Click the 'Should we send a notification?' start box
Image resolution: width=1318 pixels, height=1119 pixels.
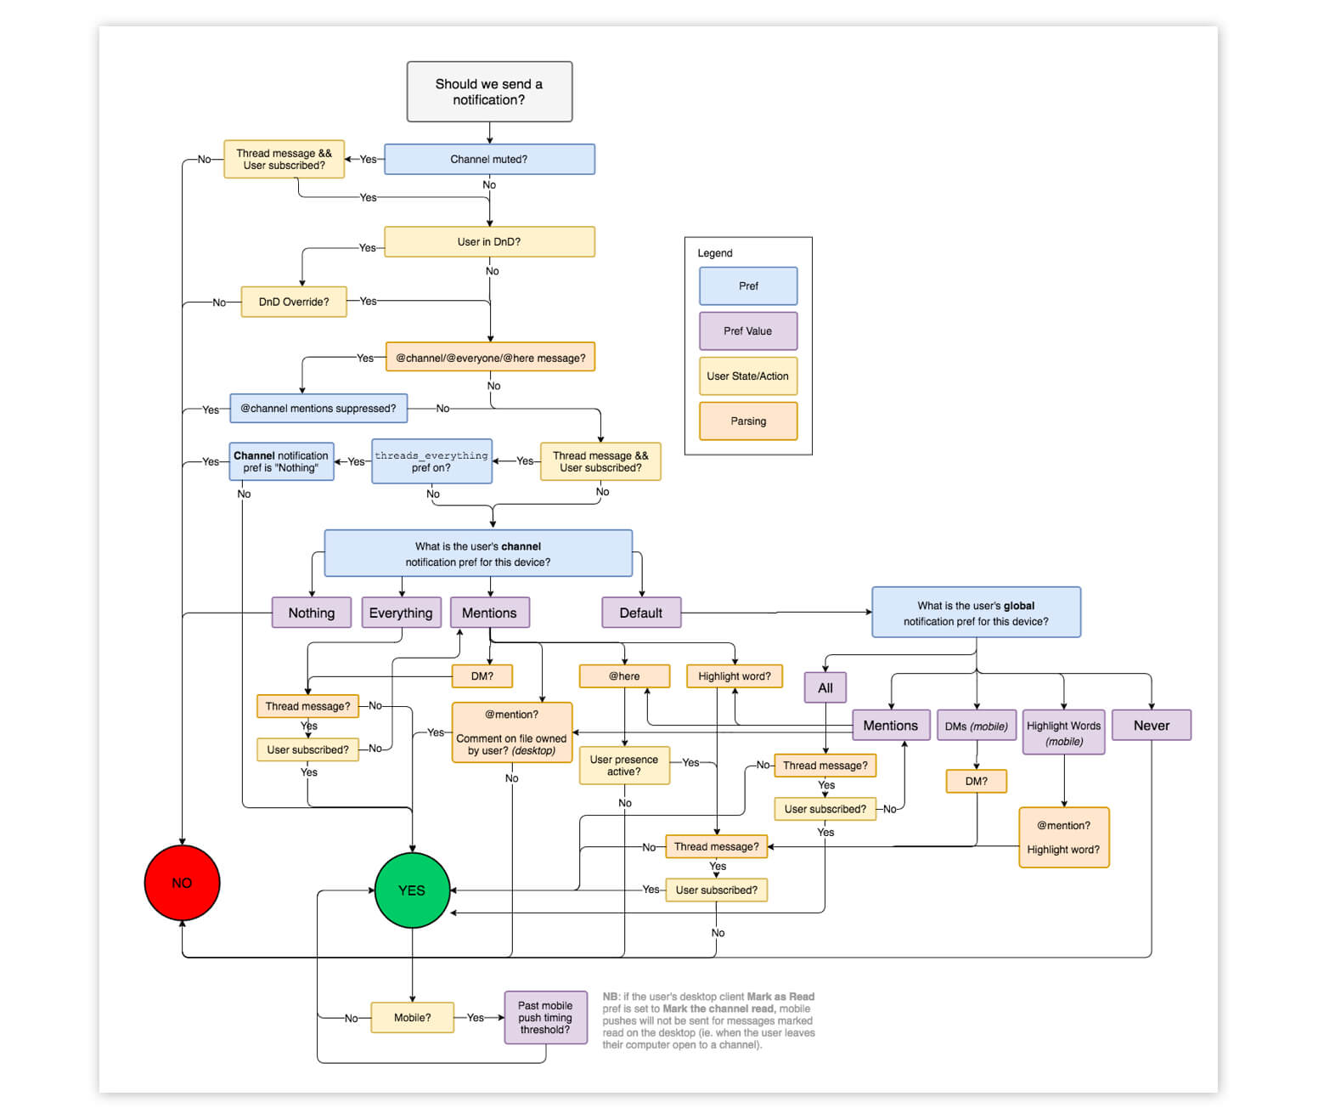(x=489, y=92)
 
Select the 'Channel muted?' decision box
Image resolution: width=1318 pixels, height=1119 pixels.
(x=489, y=159)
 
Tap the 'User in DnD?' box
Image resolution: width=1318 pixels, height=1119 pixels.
(x=489, y=241)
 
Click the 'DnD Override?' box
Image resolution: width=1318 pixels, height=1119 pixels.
(x=294, y=302)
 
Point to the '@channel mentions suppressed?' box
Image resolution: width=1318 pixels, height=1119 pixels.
(x=318, y=408)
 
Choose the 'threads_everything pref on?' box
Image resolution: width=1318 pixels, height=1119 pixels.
(x=431, y=461)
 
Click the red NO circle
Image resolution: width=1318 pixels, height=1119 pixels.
(x=182, y=883)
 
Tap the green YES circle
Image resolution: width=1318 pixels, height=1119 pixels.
(x=412, y=890)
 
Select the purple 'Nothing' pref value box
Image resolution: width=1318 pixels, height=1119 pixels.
(x=311, y=613)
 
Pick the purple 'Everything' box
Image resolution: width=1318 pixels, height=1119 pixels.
(x=401, y=613)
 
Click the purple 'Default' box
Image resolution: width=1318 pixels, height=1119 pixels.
(x=641, y=613)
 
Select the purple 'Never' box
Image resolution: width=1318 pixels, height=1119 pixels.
(x=1151, y=726)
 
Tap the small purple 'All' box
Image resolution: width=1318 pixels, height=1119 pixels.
(x=825, y=687)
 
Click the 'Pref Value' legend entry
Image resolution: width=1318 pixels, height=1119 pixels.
(x=748, y=331)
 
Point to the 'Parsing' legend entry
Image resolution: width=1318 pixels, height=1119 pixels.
(x=748, y=421)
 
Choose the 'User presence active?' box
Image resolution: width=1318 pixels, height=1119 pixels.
(x=624, y=766)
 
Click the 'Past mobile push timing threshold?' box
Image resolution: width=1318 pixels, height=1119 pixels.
(x=545, y=1017)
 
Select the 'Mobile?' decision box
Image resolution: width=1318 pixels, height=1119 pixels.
(x=412, y=1017)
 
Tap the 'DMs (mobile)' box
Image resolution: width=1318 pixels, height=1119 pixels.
(x=977, y=726)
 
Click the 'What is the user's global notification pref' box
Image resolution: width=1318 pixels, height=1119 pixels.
(x=976, y=613)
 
